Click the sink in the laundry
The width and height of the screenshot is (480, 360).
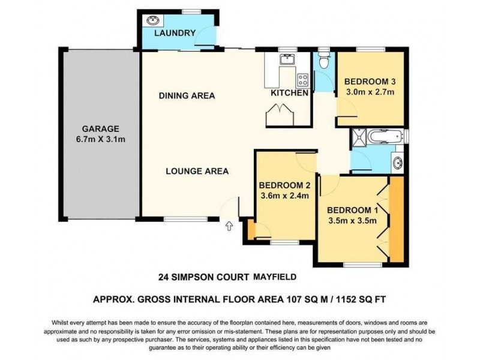pyautogui.click(x=150, y=20)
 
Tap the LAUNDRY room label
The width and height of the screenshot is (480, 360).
pyautogui.click(x=175, y=32)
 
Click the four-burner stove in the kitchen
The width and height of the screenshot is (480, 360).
pyautogui.click(x=302, y=79)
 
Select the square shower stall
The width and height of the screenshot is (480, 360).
pyautogui.click(x=361, y=136)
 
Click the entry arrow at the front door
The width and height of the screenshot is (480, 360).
pyautogui.click(x=229, y=226)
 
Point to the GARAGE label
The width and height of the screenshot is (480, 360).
pyautogui.click(x=101, y=128)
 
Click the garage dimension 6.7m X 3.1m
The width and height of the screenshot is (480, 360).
pyautogui.click(x=101, y=139)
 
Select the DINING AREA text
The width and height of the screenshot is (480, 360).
pyautogui.click(x=187, y=95)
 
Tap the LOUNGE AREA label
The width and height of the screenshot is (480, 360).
pyautogui.click(x=197, y=171)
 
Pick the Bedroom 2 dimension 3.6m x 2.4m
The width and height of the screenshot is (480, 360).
pyautogui.click(x=283, y=195)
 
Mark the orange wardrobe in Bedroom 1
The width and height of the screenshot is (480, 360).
pyautogui.click(x=397, y=219)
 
